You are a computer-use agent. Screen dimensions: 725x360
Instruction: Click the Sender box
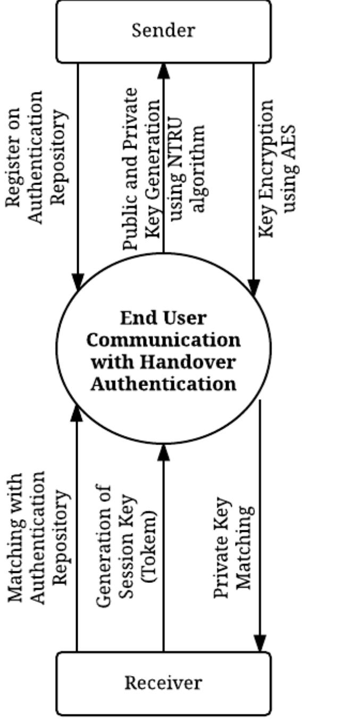[163, 31]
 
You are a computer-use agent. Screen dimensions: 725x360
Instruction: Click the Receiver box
[163, 683]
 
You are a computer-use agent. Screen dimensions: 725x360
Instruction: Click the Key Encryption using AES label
[277, 168]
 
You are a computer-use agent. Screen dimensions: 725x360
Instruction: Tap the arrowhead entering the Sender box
[163, 69]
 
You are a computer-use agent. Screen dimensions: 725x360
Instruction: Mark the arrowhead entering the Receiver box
[259, 645]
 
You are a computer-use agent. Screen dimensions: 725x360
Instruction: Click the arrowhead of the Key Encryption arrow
[254, 288]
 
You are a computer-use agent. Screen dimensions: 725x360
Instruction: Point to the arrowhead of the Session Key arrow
[163, 452]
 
